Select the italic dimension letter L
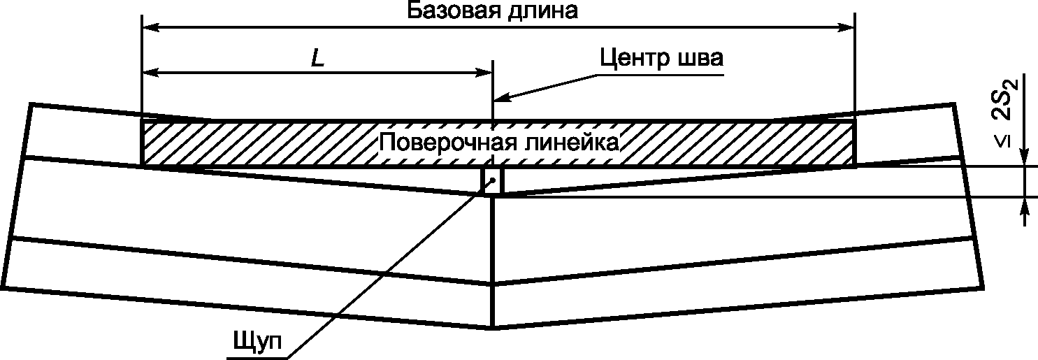(318, 59)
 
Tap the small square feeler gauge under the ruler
(493, 180)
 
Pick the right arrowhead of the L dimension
(486, 72)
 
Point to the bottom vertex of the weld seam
(493, 327)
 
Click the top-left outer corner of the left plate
(30, 104)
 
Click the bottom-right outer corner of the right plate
(984, 287)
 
